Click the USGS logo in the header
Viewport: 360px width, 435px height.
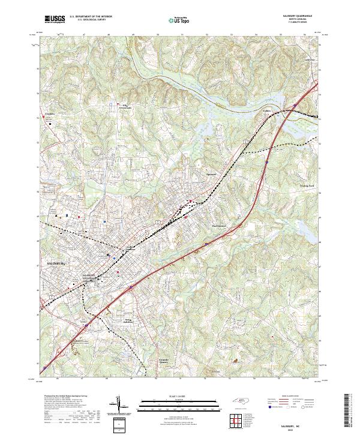55,19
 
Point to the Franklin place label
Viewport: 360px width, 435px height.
49,113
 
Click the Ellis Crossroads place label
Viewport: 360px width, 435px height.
122,106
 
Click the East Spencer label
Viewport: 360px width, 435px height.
220,226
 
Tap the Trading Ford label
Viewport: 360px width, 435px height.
307,187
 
